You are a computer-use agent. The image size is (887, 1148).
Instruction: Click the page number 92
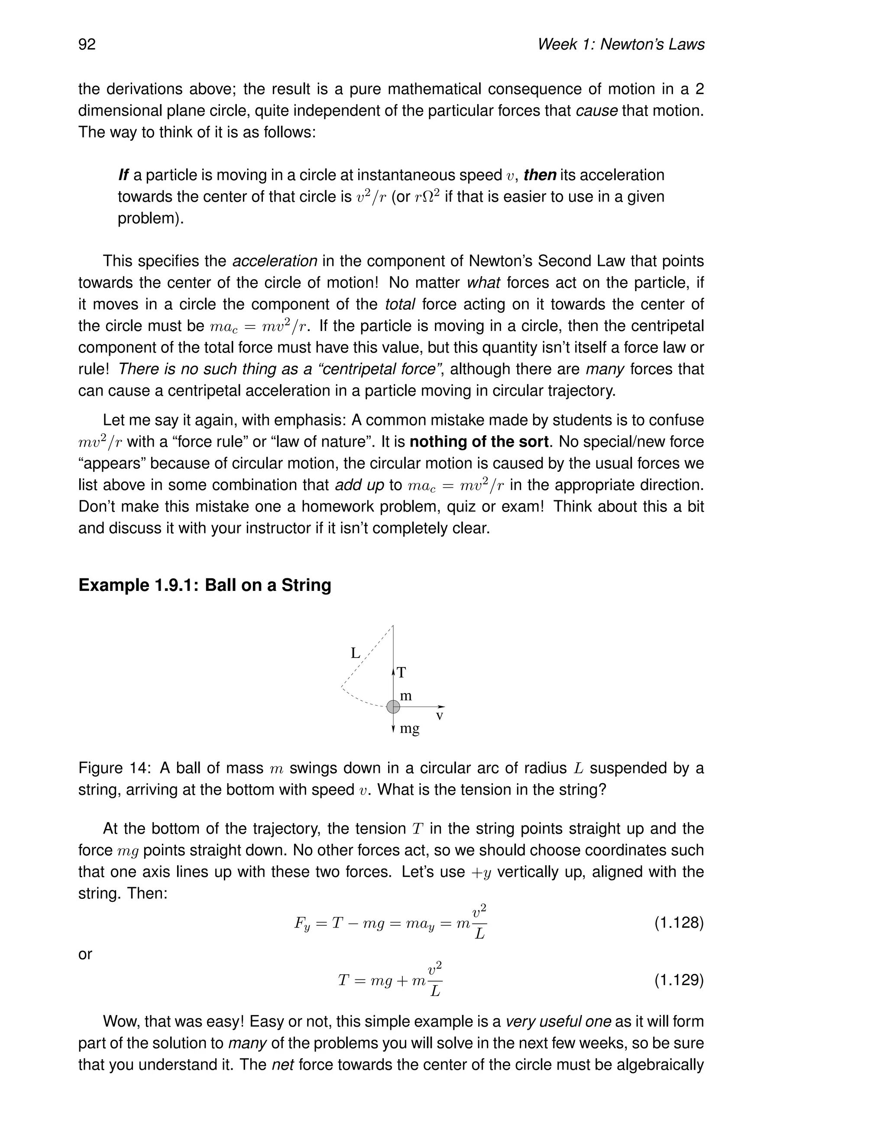point(87,44)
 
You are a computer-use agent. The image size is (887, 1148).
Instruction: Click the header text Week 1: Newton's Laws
point(621,44)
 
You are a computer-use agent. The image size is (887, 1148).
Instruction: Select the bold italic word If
point(123,175)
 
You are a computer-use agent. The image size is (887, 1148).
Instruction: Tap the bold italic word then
point(540,175)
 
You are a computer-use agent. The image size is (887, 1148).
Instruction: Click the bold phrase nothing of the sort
point(479,441)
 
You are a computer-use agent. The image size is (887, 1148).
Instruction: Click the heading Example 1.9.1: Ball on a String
point(204,585)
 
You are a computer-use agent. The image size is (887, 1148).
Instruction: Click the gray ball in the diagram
point(393,707)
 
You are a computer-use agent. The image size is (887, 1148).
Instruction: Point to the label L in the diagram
point(356,653)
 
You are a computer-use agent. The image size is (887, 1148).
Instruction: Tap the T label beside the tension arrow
point(401,672)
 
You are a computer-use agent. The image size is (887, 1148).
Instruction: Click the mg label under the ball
point(410,729)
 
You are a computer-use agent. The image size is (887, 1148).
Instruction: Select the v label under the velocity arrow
point(440,716)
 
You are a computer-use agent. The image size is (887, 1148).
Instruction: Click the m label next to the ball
point(406,696)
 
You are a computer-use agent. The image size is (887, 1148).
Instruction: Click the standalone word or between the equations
point(85,954)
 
